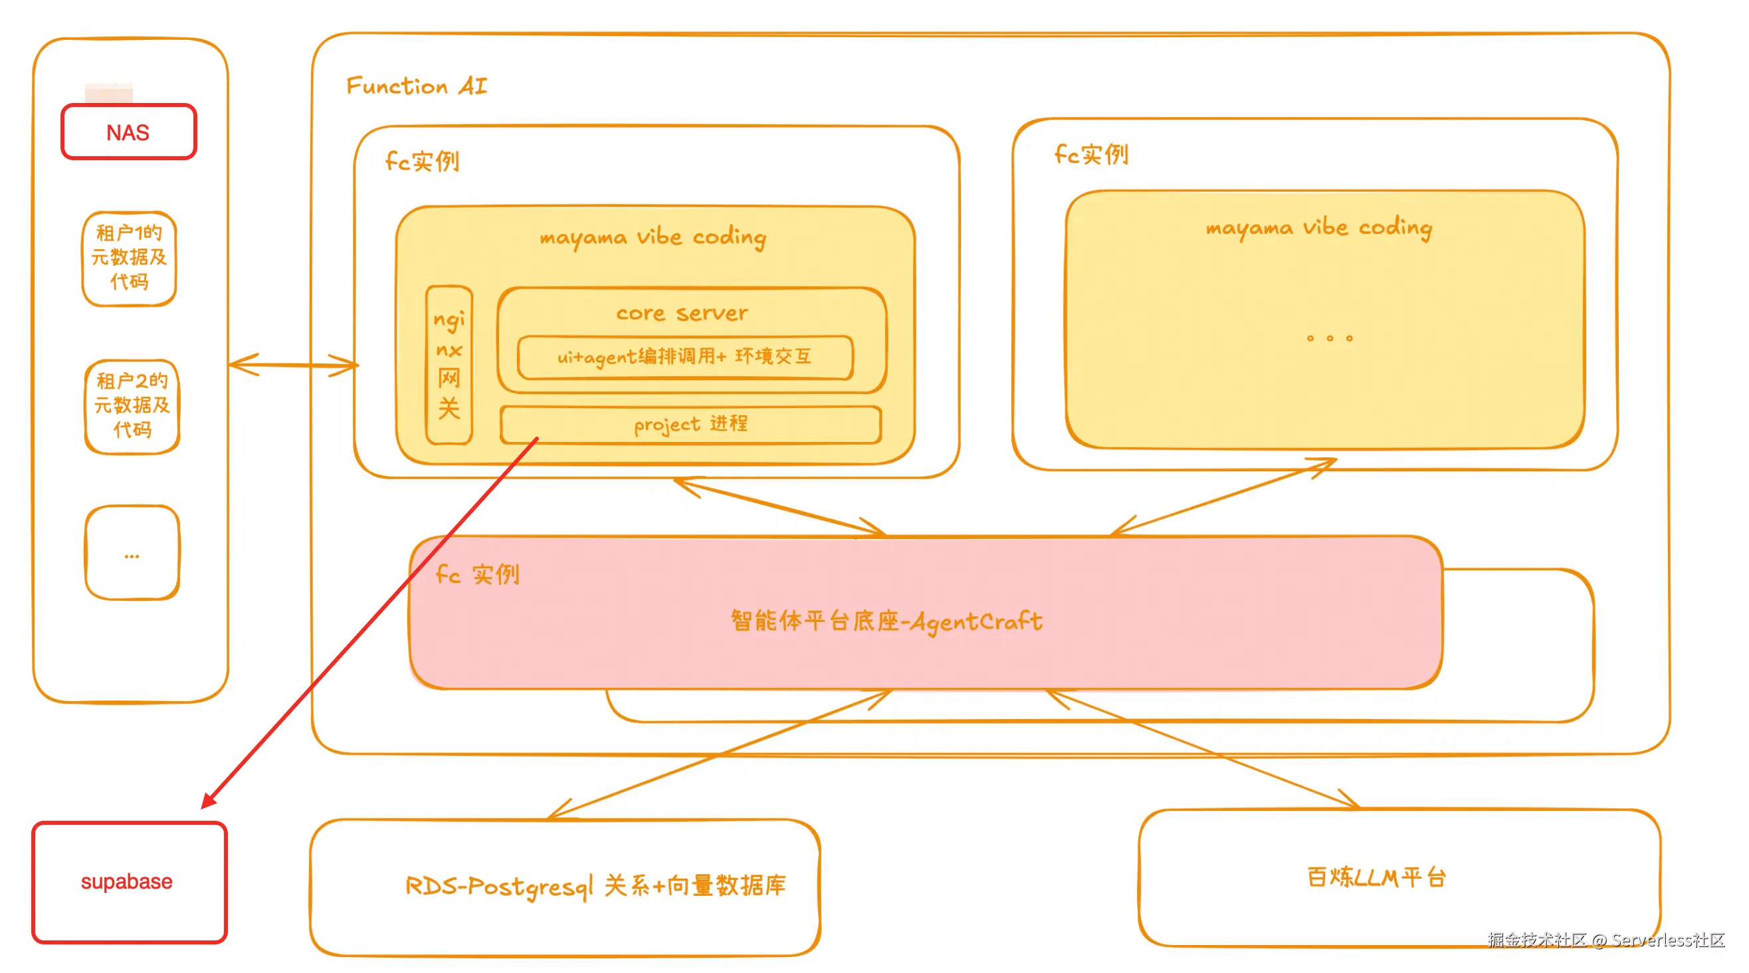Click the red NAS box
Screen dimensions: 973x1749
(x=128, y=132)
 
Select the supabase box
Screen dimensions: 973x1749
(x=129, y=881)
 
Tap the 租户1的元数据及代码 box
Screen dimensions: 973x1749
(x=129, y=258)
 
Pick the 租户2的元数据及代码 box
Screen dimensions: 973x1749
(x=132, y=405)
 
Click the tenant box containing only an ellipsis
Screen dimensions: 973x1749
(x=132, y=553)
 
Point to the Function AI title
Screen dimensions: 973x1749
(x=416, y=86)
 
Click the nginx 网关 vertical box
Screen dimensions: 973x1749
(x=449, y=365)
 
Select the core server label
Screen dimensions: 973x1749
(x=682, y=313)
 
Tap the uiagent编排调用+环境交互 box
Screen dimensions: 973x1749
(x=684, y=356)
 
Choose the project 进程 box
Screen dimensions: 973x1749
(x=690, y=425)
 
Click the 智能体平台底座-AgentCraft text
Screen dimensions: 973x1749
(x=886, y=621)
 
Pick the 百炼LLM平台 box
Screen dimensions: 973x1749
(x=1376, y=877)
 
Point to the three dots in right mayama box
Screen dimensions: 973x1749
(x=1329, y=338)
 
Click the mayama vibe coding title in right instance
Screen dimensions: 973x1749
(x=1318, y=227)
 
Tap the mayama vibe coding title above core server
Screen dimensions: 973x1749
(x=653, y=237)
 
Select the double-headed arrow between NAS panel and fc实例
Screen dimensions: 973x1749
(x=292, y=365)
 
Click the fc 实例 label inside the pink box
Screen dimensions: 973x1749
(x=477, y=574)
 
